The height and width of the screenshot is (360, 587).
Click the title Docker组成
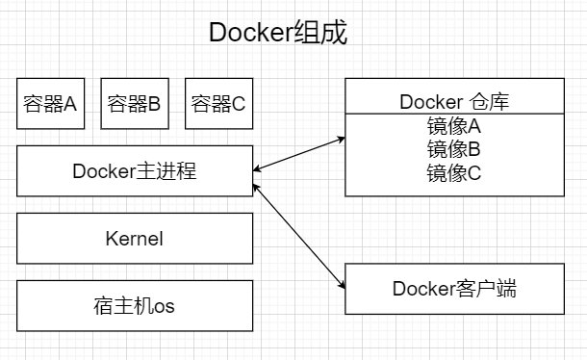[278, 33]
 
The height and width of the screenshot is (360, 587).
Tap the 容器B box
[134, 104]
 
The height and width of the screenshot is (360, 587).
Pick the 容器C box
[217, 104]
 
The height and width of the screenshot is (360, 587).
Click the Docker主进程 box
[135, 171]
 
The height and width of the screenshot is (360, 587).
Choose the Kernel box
[135, 239]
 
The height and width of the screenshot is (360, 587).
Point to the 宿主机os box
[135, 306]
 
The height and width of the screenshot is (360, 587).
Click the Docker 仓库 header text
[454, 101]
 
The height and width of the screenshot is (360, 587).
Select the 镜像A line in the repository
[454, 126]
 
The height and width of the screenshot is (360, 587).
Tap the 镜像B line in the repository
[454, 149]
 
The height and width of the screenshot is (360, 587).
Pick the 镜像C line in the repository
[454, 173]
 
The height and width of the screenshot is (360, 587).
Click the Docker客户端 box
[454, 288]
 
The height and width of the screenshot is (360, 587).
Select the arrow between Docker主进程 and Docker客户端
[298, 228]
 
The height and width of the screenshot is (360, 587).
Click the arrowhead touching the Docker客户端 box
[341, 283]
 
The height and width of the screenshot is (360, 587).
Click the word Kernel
[135, 239]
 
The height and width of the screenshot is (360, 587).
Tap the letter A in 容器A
[70, 104]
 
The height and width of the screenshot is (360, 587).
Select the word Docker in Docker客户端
[421, 288]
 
